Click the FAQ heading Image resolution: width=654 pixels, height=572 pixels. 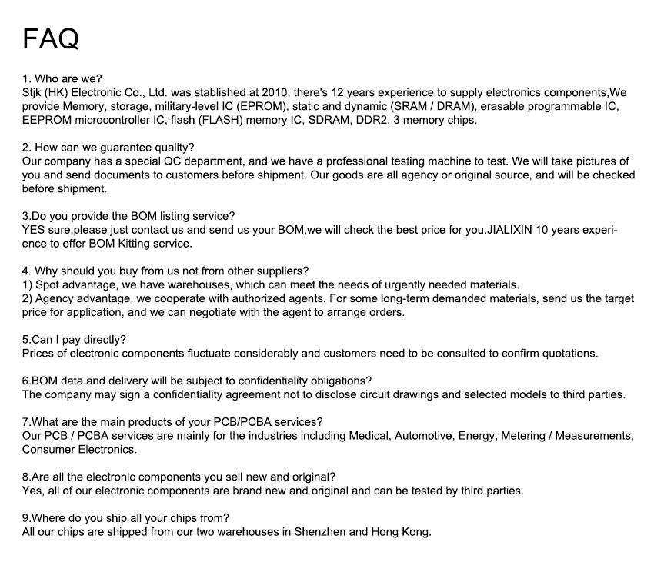(51, 38)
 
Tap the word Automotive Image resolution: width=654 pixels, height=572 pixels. (422, 436)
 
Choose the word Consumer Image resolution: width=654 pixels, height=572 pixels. (47, 450)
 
